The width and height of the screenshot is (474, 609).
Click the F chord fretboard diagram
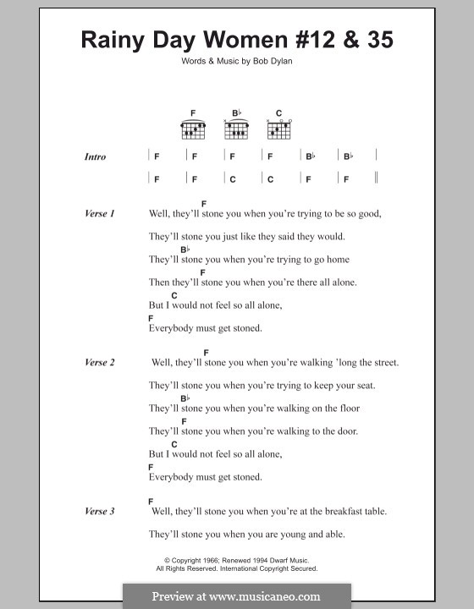[x=193, y=129]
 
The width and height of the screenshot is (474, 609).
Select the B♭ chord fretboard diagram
[x=236, y=129]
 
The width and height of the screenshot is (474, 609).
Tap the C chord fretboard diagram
[x=278, y=129]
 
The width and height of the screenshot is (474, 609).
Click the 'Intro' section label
[x=95, y=157]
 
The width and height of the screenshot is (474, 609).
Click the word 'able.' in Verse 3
[x=330, y=535]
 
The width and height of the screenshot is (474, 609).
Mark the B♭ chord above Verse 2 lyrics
[x=185, y=398]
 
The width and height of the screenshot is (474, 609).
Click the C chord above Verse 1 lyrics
[x=174, y=294]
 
